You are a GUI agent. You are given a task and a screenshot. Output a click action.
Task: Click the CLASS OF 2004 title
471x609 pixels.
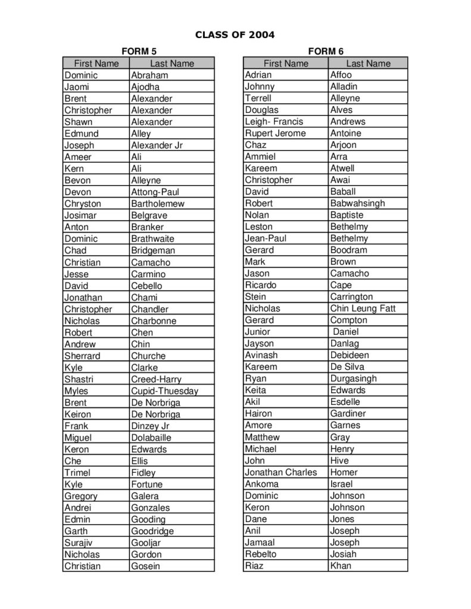click(x=235, y=34)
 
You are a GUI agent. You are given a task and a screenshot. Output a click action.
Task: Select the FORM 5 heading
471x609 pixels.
click(x=139, y=52)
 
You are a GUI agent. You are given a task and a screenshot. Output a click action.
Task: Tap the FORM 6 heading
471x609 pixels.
click(x=326, y=52)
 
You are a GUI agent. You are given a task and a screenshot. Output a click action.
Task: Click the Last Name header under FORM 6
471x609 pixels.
click(x=368, y=64)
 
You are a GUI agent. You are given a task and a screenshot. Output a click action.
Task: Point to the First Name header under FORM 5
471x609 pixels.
click(x=96, y=64)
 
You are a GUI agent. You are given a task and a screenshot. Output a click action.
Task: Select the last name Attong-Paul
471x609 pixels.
click(x=155, y=192)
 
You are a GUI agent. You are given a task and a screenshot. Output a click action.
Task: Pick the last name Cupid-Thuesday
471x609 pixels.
click(x=164, y=391)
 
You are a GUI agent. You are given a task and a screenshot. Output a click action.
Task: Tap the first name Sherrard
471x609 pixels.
click(x=82, y=356)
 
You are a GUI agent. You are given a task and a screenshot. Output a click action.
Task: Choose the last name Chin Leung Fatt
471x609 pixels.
click(x=363, y=308)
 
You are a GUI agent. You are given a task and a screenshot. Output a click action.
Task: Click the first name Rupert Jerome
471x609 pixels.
click(x=275, y=133)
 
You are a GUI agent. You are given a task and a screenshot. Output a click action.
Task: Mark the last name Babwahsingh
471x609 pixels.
click(x=357, y=203)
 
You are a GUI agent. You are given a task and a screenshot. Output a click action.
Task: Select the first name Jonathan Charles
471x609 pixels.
click(x=281, y=472)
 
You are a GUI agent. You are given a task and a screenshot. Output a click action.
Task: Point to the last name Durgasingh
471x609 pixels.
click(x=353, y=378)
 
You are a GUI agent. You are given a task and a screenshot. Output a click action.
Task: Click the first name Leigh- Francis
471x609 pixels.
click(x=274, y=121)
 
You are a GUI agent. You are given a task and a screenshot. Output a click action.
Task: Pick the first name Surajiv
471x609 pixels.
click(x=79, y=542)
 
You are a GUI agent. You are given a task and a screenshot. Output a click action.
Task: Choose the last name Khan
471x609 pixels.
click(x=341, y=566)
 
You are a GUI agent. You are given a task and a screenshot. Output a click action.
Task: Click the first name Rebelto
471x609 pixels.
click(x=261, y=554)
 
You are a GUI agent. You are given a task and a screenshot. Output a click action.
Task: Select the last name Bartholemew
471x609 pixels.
click(x=158, y=203)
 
